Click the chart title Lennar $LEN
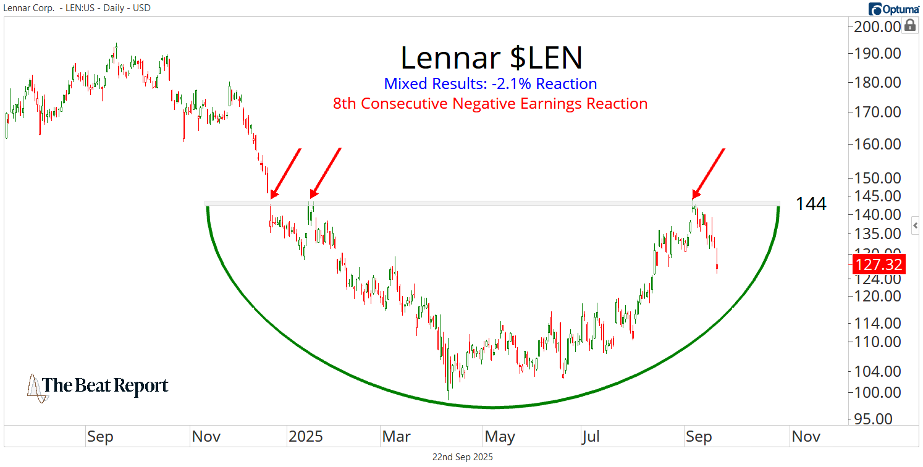[x=491, y=58]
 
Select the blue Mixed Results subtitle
[x=490, y=84]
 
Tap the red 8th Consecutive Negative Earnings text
[x=490, y=104]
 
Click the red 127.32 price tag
[x=879, y=265]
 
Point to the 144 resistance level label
[x=811, y=204]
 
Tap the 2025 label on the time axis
[x=305, y=437]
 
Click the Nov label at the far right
[x=806, y=437]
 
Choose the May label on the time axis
[x=500, y=437]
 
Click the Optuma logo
[x=894, y=9]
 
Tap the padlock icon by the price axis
[x=909, y=25]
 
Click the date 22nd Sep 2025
[x=462, y=458]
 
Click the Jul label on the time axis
[x=591, y=437]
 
